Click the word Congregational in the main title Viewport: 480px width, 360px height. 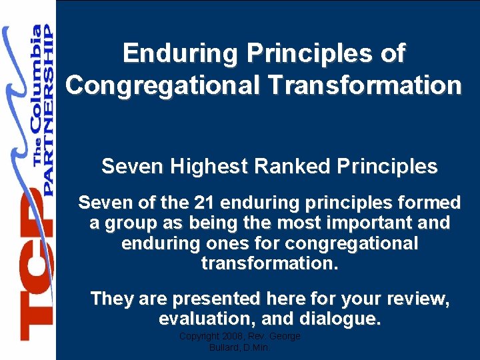point(163,85)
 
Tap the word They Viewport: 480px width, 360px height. point(112,299)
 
